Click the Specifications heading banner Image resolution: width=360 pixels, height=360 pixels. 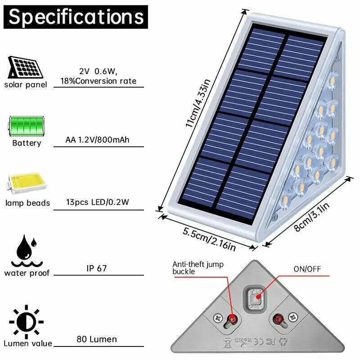[76, 17]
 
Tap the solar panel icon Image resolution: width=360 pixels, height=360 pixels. [25, 67]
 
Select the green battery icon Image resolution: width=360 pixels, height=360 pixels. [26, 126]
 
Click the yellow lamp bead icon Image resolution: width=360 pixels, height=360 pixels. [26, 183]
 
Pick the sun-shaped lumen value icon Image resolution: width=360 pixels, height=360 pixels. [26, 322]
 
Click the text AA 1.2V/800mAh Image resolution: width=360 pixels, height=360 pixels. [97, 139]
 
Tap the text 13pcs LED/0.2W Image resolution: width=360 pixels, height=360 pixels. [98, 202]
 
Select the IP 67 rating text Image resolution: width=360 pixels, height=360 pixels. [97, 268]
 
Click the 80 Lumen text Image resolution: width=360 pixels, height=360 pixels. [97, 339]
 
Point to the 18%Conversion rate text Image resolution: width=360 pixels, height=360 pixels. [98, 81]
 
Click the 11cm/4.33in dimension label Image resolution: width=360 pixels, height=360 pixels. [198, 103]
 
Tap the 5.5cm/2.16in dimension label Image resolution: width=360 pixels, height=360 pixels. [209, 239]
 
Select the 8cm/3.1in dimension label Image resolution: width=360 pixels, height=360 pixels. [312, 217]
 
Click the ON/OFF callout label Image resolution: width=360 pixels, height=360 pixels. [307, 269]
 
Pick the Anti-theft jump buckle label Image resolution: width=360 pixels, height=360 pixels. [198, 268]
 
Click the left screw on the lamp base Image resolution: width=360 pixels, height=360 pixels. [217, 318]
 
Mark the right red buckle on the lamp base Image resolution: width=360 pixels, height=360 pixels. [279, 319]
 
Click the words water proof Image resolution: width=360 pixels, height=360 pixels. [27, 273]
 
